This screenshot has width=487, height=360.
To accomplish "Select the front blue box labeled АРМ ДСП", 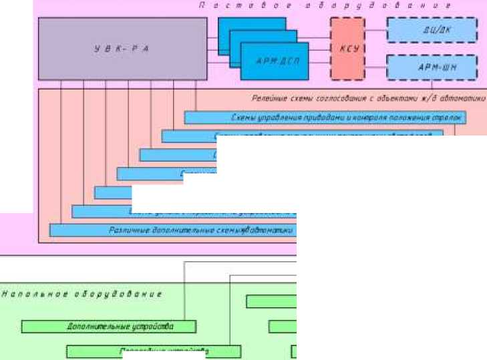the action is (275, 60).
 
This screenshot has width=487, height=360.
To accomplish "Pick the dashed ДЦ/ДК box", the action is (432, 30).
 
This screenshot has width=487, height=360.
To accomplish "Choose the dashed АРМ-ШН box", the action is (432, 67).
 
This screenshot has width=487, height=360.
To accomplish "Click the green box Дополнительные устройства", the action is (109, 327).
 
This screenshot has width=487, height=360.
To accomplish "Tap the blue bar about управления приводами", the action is (325, 118).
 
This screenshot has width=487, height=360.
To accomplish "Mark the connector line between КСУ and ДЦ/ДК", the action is (376, 31).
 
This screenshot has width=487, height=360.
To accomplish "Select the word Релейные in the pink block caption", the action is (268, 98).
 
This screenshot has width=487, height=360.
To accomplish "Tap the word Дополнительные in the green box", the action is (90, 327).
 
